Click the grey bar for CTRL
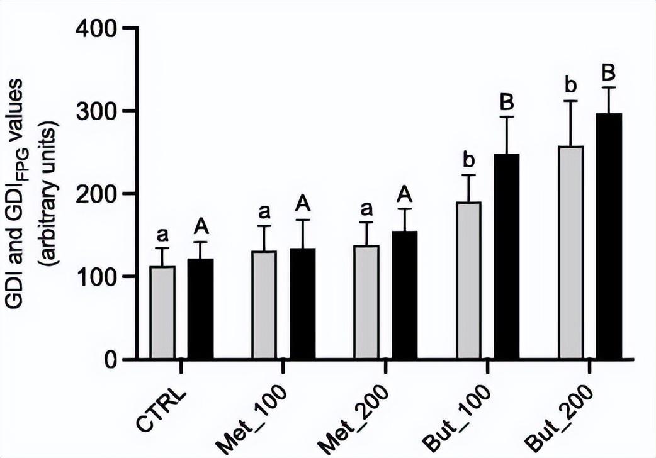tap(162, 313)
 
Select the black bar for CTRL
tap(201, 309)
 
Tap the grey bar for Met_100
tap(264, 305)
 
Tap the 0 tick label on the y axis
tap(110, 360)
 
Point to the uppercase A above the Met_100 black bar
tap(303, 204)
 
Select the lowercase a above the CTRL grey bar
tap(162, 235)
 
